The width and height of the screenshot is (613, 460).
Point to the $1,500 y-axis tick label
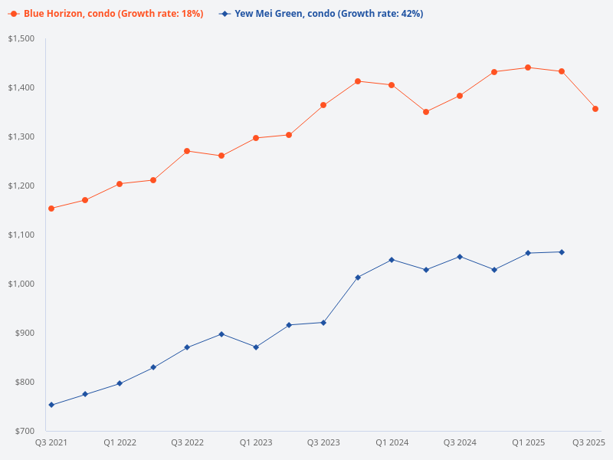21,38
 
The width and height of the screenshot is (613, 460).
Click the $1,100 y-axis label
21,235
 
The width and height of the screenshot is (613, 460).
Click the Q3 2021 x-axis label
51,442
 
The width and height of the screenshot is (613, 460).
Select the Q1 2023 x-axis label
256,442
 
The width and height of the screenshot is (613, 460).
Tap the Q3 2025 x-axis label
589,442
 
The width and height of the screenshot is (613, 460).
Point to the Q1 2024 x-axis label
392,442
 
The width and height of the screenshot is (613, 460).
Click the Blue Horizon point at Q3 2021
51,209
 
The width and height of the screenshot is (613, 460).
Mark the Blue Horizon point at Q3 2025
595,109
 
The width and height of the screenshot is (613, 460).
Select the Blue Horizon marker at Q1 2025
528,67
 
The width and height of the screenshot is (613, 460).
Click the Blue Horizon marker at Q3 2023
323,105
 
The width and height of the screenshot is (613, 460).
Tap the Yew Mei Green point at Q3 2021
51,405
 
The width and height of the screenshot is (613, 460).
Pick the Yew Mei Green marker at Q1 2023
256,347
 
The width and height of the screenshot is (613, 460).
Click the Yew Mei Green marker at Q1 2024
392,260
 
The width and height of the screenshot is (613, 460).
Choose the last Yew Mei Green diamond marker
562,252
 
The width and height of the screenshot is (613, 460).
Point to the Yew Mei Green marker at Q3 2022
187,347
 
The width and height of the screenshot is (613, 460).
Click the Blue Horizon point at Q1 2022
120,184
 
